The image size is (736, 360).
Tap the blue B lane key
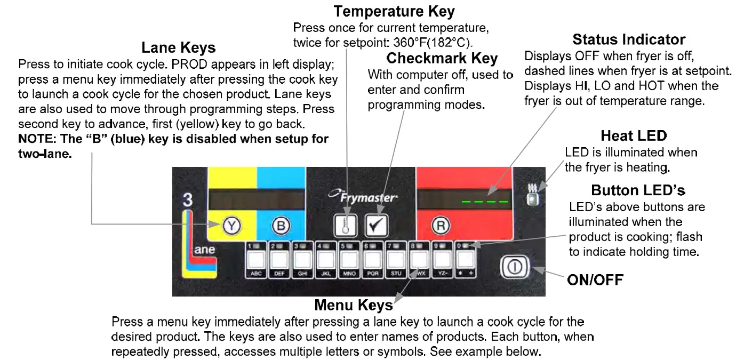(x=281, y=226)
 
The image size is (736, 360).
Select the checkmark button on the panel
(x=377, y=226)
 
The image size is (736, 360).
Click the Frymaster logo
(x=363, y=197)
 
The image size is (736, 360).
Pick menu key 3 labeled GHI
(x=303, y=260)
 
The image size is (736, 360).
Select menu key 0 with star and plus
(x=466, y=260)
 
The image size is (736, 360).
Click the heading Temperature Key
(x=394, y=11)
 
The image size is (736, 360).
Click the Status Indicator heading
(x=628, y=39)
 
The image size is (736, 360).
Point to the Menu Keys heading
(x=353, y=305)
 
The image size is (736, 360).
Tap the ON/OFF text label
(x=595, y=279)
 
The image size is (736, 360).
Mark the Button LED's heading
(x=638, y=190)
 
